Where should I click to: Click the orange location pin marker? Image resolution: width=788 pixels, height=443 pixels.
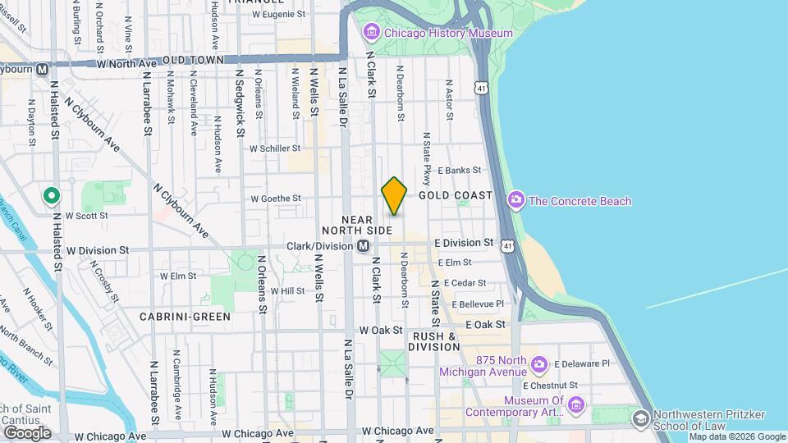coord(394,196)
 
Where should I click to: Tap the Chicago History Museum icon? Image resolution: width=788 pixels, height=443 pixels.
coord(372,33)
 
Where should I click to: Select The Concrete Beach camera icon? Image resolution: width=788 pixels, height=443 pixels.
coord(516,200)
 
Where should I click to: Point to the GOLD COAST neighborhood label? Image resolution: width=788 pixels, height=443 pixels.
coord(456,195)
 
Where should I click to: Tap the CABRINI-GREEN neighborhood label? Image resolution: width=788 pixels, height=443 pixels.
coord(185,316)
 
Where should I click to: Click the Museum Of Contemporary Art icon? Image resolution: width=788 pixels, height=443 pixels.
coord(575,405)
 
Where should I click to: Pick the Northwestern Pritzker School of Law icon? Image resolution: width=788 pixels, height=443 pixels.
coord(640,418)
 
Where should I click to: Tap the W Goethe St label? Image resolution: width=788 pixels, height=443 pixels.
coord(276,198)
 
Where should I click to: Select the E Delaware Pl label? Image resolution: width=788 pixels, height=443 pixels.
coord(582,363)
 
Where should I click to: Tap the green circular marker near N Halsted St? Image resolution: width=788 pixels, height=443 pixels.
coord(51,195)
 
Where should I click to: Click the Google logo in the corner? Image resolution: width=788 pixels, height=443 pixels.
coord(26,432)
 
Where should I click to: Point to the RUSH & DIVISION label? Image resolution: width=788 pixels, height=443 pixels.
coord(434,341)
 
